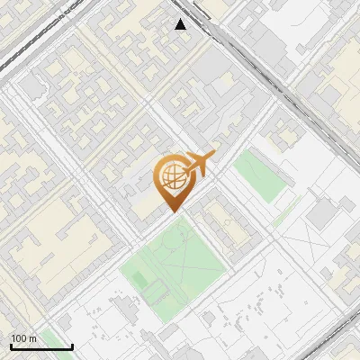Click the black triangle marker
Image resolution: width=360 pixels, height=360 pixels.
point(181,24)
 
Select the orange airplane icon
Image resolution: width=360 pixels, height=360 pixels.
point(198,165)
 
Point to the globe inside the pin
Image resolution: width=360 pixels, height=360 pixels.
point(171,176)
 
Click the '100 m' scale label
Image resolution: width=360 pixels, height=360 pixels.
point(23,338)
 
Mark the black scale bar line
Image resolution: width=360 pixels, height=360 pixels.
point(41,346)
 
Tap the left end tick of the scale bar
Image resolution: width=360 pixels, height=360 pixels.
point(12,345)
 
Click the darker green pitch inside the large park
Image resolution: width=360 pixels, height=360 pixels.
point(140,280)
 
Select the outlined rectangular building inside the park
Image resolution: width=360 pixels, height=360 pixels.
point(156,290)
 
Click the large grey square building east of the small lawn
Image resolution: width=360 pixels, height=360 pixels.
point(321,213)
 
